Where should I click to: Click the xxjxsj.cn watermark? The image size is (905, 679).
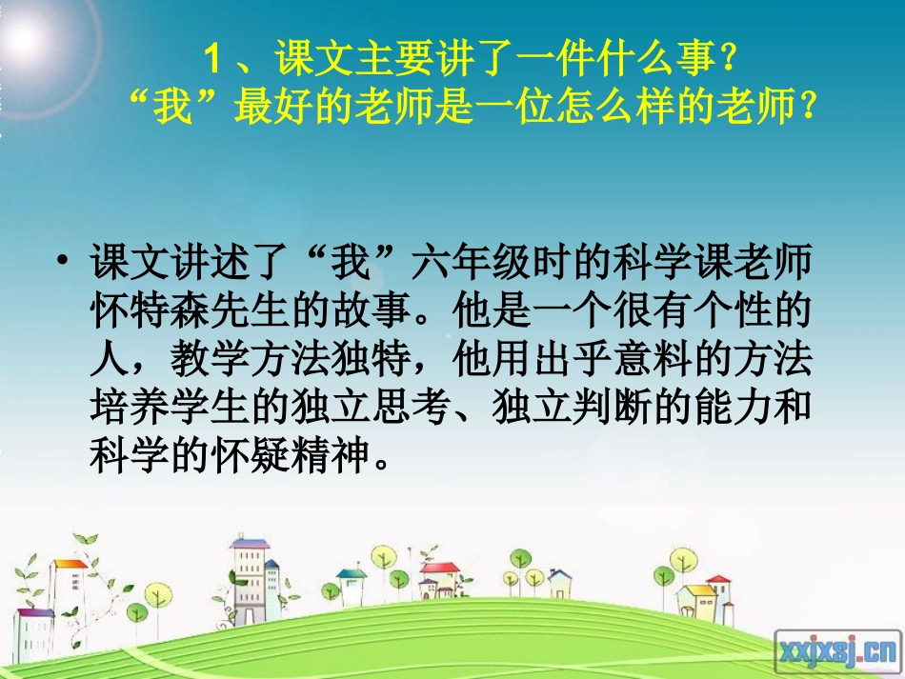click(x=837, y=651)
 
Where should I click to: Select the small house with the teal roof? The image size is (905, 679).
click(x=351, y=584)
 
